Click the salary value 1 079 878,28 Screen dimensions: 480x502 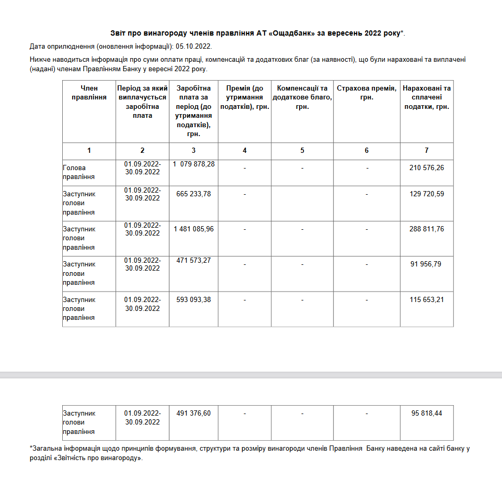[193, 164]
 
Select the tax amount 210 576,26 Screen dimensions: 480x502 [427, 168]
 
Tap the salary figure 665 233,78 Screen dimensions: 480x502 [193, 194]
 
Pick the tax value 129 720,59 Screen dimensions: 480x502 [427, 194]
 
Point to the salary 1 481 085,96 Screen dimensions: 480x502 [193, 229]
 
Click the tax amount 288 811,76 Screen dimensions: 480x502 [427, 229]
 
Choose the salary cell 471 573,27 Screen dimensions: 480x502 [193, 260]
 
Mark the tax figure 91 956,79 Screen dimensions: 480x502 [427, 264]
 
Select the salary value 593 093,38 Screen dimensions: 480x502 [193, 299]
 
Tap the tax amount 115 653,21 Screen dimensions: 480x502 [427, 299]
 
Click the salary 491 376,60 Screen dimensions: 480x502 [193, 413]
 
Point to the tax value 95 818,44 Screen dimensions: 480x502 [427, 413]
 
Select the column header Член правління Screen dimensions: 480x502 [89, 93]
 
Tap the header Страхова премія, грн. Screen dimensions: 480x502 [367, 93]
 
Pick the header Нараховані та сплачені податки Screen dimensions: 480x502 [427, 97]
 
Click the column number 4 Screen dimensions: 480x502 [245, 151]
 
